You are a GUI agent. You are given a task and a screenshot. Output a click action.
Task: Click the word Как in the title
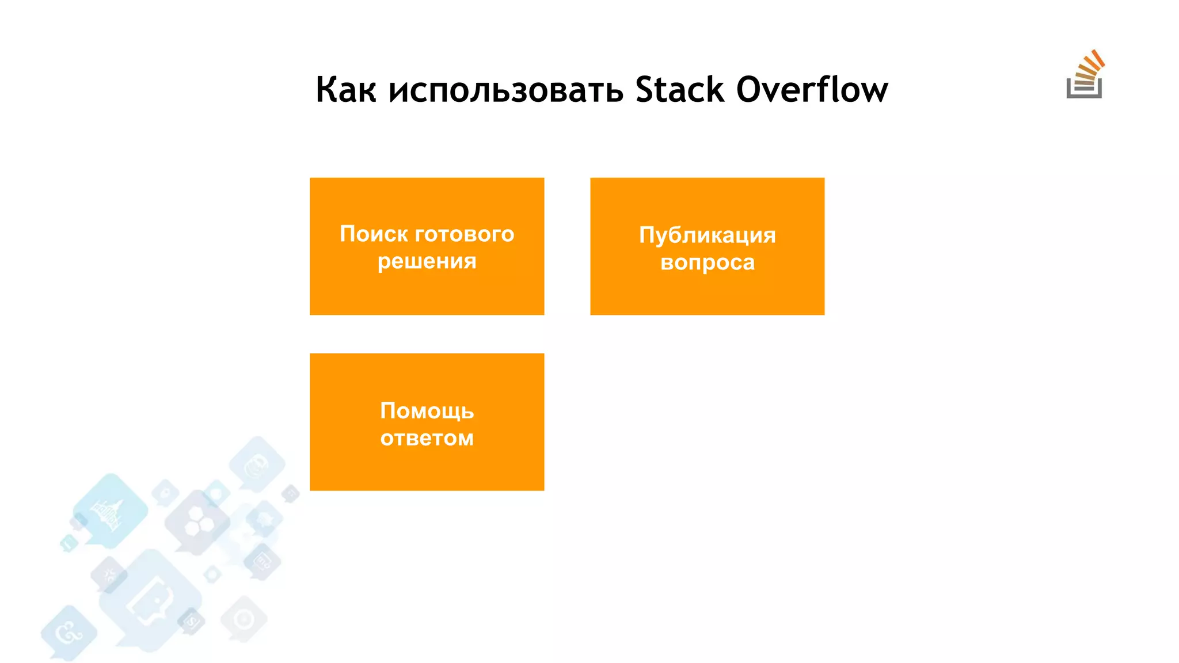click(x=346, y=90)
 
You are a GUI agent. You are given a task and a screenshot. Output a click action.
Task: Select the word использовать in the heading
click(x=506, y=90)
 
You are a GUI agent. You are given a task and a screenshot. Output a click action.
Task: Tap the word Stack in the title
click(x=679, y=90)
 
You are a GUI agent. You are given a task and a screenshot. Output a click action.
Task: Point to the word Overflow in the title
click(x=812, y=90)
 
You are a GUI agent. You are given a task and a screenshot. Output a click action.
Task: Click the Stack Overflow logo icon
click(x=1085, y=75)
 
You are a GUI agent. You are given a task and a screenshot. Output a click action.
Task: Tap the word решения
click(x=427, y=262)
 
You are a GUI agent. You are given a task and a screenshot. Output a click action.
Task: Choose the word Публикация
click(x=707, y=235)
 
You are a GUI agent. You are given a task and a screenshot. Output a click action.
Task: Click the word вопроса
click(x=707, y=263)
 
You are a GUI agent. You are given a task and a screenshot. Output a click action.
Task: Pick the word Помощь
click(x=427, y=411)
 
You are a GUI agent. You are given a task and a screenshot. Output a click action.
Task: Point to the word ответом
click(x=427, y=439)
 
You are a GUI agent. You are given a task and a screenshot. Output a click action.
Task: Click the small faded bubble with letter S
click(x=191, y=621)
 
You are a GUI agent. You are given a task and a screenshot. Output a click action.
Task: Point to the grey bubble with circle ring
click(x=244, y=619)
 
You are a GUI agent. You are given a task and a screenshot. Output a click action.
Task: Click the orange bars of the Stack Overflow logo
click(x=1090, y=68)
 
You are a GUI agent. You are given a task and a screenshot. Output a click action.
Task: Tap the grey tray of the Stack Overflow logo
click(x=1083, y=93)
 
